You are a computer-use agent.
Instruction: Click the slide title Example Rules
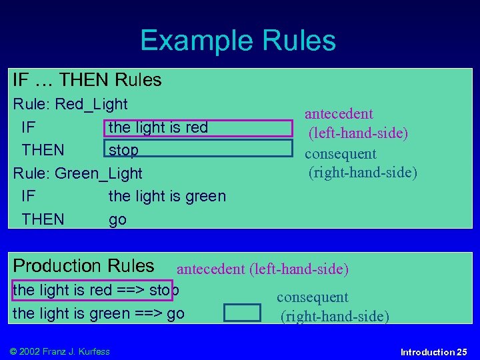[x=238, y=41]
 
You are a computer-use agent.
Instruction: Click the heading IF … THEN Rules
[x=87, y=81]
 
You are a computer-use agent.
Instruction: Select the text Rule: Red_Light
[x=71, y=104]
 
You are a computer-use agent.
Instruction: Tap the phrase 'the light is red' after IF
[x=158, y=127]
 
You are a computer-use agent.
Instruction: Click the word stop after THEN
[x=123, y=150]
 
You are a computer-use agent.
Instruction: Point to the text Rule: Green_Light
[x=78, y=173]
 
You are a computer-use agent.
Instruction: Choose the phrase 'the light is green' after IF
[x=167, y=196]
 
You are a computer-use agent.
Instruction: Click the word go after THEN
[x=117, y=219]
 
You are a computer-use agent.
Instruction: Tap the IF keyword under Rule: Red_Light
[x=29, y=127]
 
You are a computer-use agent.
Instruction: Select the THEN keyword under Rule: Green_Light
[x=43, y=219]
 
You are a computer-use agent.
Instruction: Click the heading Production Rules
[x=83, y=266]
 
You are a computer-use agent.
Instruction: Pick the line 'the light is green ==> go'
[x=99, y=313]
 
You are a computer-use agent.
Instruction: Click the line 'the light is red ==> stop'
[x=95, y=290]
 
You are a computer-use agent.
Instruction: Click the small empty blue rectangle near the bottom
[x=242, y=313]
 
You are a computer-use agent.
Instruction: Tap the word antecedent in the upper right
[x=339, y=114]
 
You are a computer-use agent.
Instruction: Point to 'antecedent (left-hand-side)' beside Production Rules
[x=262, y=269]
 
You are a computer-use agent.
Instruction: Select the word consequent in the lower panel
[x=313, y=297]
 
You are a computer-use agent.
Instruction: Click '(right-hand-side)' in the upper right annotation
[x=362, y=173]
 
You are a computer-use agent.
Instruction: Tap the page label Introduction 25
[x=433, y=351]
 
